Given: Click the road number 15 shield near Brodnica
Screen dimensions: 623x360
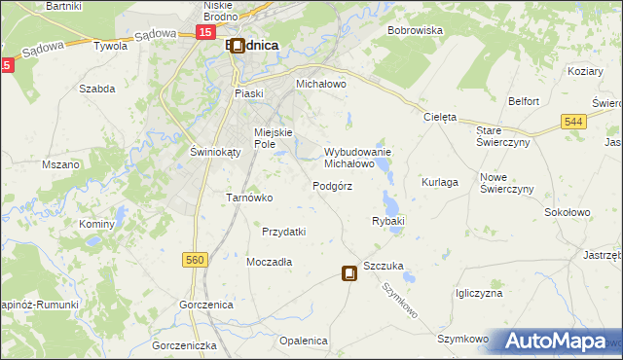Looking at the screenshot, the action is [205, 32].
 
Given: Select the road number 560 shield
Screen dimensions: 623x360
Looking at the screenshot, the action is [195, 259].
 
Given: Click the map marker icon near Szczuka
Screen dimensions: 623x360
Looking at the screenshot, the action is [348, 274].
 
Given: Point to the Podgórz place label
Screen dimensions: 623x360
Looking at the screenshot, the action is [332, 186].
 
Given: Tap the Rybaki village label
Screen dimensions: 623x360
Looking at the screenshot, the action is [387, 221].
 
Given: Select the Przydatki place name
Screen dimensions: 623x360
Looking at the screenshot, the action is [284, 232].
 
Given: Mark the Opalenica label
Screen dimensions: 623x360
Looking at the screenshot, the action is [303, 341].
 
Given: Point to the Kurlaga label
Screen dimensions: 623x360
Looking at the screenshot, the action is [440, 182].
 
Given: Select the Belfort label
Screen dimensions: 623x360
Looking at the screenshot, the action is [524, 101].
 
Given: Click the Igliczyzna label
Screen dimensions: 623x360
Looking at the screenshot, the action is [478, 293].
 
